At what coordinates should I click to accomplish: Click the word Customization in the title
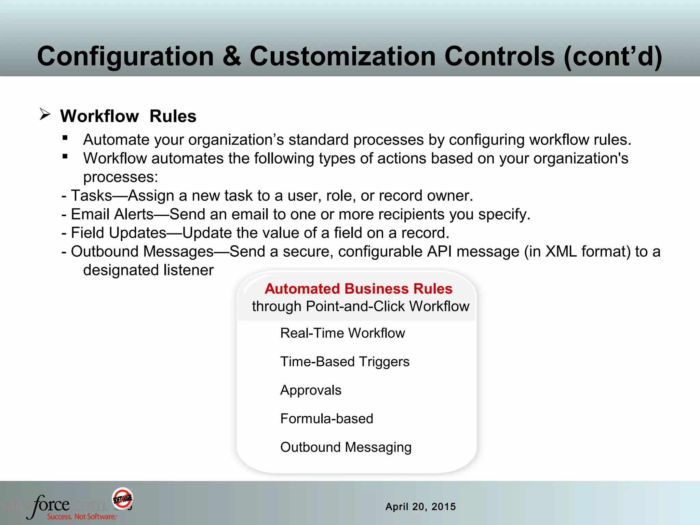[x=342, y=56]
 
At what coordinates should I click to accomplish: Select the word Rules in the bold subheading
[x=173, y=116]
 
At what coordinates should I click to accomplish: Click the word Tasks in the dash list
[x=92, y=196]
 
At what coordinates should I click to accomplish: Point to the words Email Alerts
[x=112, y=214]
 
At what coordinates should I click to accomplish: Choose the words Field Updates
[x=119, y=233]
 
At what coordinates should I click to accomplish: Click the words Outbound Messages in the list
[x=142, y=252]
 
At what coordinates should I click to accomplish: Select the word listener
[x=188, y=270]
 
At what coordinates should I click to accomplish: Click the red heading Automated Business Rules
[x=358, y=289]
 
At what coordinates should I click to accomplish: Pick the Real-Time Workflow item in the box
[x=342, y=333]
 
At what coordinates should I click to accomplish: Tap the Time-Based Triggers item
[x=345, y=362]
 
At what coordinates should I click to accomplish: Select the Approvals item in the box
[x=311, y=390]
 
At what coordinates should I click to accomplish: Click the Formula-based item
[x=326, y=419]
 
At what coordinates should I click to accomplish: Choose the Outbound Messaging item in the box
[x=346, y=447]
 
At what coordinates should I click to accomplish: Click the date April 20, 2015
[x=420, y=507]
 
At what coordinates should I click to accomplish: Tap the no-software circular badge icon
[x=122, y=498]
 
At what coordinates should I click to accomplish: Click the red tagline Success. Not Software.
[x=82, y=516]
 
